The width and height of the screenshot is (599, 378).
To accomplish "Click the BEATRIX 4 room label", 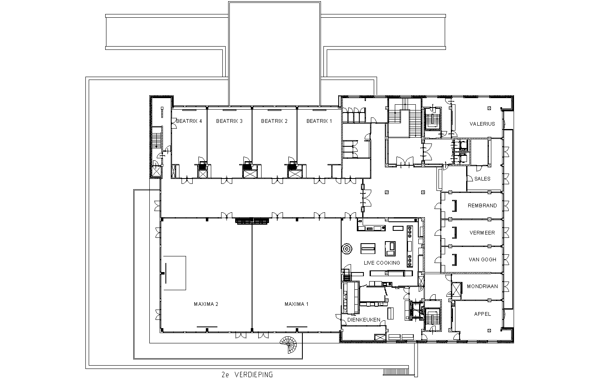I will point(189,121).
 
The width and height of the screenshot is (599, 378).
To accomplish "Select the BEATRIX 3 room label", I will point(229,121).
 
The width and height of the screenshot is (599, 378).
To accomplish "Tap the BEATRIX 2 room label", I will point(274,121).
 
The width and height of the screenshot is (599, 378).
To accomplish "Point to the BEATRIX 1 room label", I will point(319,121).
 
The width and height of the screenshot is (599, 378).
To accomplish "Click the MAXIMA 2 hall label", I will point(206,304).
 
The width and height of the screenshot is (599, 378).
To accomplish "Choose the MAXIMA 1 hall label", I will point(296,304).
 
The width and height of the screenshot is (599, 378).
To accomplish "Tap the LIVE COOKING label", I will point(382,263).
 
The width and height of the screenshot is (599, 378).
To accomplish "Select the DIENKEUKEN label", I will point(363,319).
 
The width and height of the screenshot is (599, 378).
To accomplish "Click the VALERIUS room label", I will point(482,124).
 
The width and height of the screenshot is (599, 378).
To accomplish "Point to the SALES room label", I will point(482,179).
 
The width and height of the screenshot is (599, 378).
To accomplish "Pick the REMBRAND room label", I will point(482,206).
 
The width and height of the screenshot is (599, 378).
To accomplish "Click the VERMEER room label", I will point(482,233).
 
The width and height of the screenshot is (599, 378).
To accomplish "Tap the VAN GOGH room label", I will point(482,260).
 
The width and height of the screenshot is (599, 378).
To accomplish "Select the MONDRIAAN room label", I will point(482,286).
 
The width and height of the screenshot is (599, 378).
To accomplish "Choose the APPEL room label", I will point(482,314).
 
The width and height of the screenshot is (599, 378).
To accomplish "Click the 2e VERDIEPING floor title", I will point(247,374).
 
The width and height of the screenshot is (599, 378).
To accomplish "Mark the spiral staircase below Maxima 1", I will point(289,345).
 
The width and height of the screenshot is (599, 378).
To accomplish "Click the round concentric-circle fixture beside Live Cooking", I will point(347,249).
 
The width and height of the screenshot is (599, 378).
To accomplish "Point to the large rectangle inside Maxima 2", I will point(175,273).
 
